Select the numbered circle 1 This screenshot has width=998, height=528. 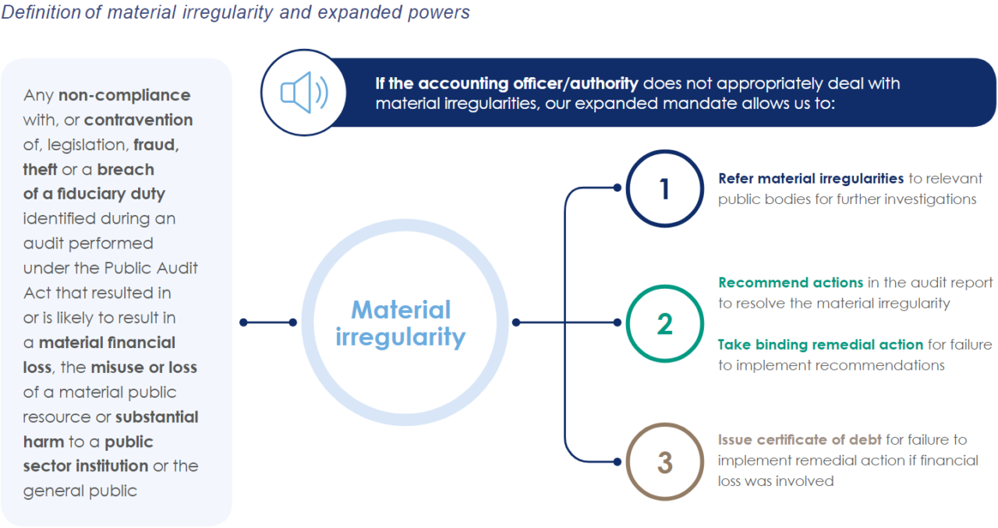[x=664, y=188]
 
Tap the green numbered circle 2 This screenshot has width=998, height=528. [x=664, y=323]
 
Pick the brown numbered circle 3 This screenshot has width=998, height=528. [x=664, y=462]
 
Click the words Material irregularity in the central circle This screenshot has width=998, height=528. [x=400, y=323]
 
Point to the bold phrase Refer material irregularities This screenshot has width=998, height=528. [x=811, y=178]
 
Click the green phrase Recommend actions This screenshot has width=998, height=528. [x=791, y=282]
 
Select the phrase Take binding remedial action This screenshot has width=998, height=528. [x=820, y=344]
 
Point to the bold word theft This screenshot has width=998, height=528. [x=41, y=170]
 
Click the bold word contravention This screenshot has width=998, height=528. [x=138, y=120]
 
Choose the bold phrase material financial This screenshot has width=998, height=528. [x=107, y=343]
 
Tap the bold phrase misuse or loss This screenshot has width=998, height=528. [x=143, y=368]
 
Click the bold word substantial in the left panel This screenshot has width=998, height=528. [x=157, y=417]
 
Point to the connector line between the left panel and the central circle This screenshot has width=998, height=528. [x=269, y=322]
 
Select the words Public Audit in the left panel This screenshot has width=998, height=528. [x=151, y=268]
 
